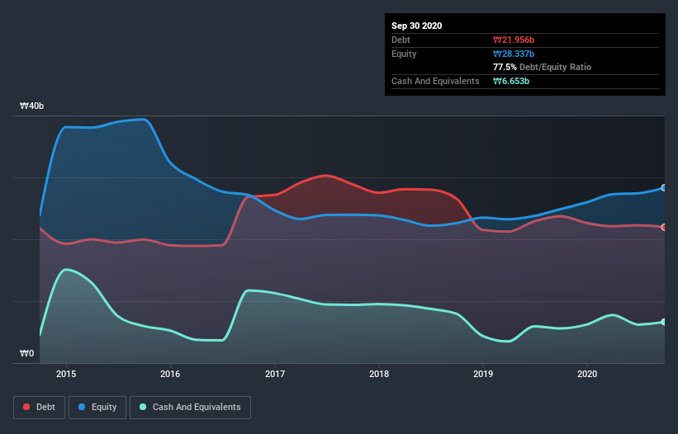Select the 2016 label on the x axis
pos(170,374)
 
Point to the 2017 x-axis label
pos(275,374)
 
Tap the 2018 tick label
pos(379,374)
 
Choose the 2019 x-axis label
pos(483,374)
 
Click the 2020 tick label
pos(587,374)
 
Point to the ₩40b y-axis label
pos(32,106)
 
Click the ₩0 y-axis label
pos(27,354)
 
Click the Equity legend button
pos(97,407)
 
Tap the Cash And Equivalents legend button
pos(190,407)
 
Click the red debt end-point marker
pos(664,227)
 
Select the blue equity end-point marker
pos(664,188)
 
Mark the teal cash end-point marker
pos(664,322)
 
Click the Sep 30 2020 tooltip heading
pos(416,26)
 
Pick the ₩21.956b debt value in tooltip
pos(518,40)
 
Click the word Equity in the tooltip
pos(404,54)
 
